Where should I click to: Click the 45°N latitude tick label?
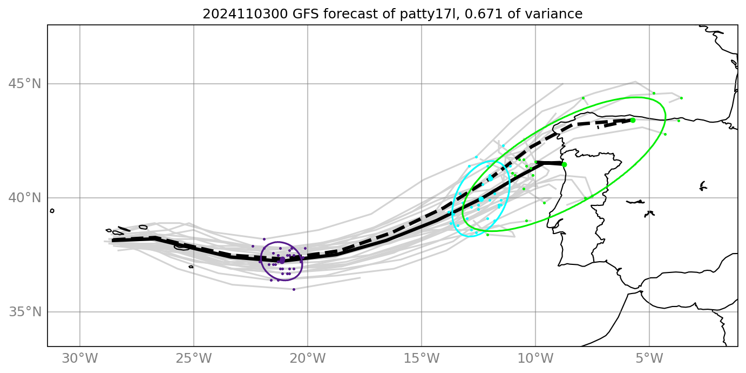tap(24, 84)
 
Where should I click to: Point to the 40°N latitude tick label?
tap(24, 198)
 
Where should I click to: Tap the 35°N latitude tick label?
tap(24, 312)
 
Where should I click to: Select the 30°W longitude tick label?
tap(80, 358)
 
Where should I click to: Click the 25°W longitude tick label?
tap(194, 358)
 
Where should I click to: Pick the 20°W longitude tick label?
tap(308, 358)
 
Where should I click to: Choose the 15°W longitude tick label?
tap(422, 358)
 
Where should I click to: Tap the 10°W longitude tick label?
tap(535, 358)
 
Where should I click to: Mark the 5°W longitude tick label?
tap(649, 358)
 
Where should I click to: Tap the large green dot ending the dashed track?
tap(633, 120)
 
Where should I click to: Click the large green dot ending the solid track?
tap(564, 164)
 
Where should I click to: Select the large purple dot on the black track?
tap(282, 260)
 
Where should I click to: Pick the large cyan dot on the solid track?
tap(481, 199)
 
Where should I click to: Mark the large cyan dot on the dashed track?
tap(490, 177)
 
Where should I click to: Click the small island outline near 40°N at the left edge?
tap(52, 211)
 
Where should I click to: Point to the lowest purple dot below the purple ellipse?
tap(294, 289)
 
